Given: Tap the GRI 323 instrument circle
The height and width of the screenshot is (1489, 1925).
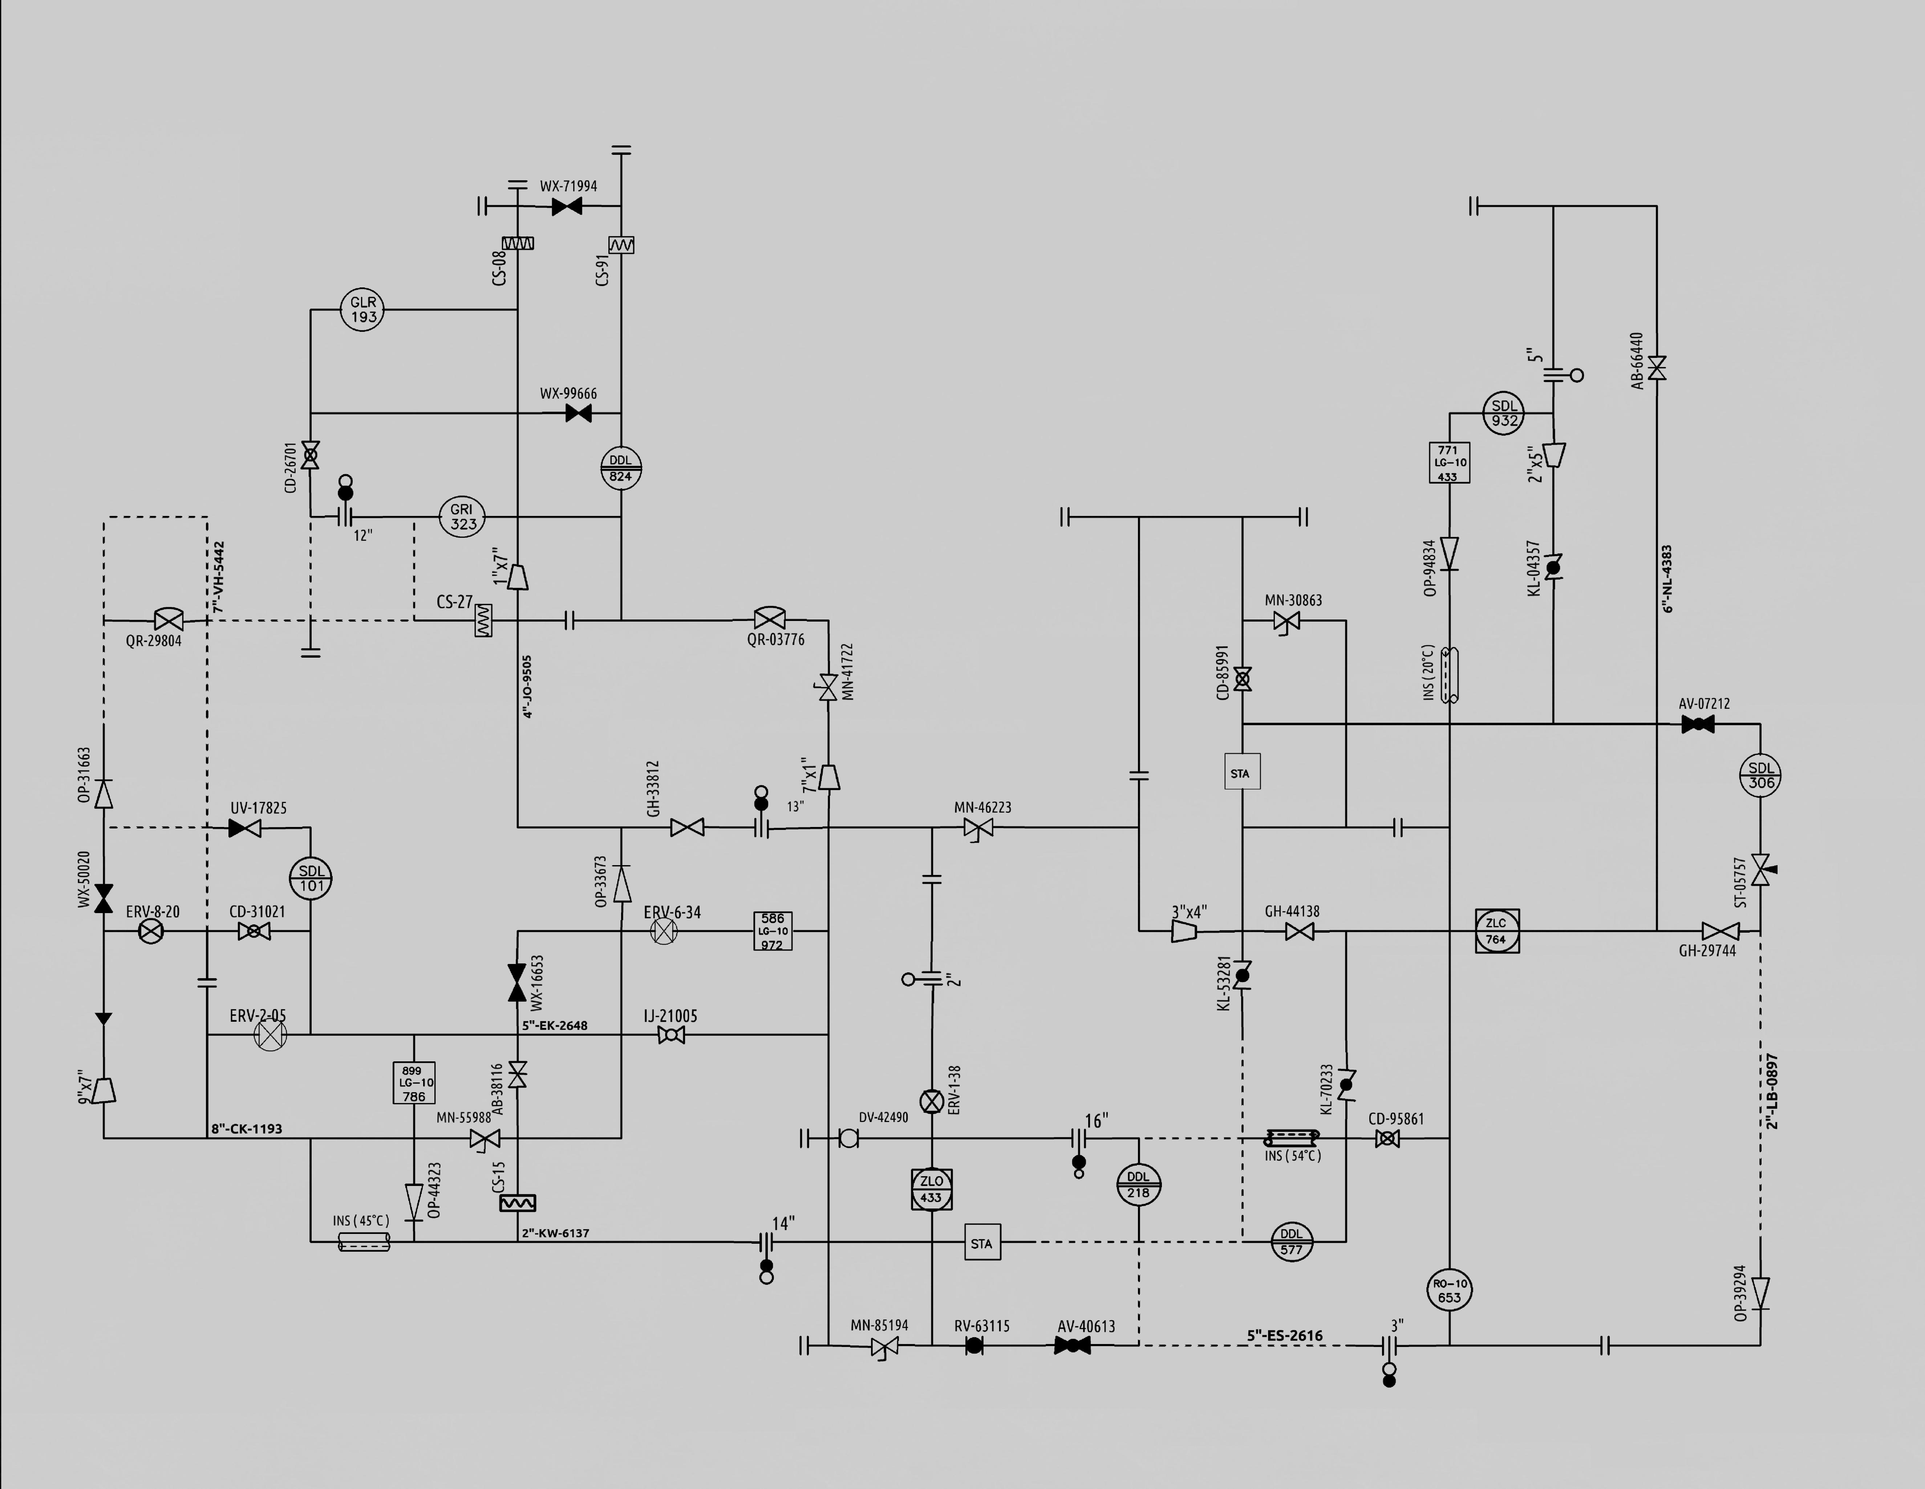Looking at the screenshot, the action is [x=462, y=517].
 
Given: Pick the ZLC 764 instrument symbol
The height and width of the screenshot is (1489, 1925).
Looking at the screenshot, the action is [x=1497, y=931].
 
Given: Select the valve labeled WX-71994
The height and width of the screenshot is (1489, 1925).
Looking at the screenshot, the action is [x=567, y=206].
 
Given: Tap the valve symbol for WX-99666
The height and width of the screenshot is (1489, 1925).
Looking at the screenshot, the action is [x=578, y=413].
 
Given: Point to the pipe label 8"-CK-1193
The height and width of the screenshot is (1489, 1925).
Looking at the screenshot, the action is [x=247, y=1129].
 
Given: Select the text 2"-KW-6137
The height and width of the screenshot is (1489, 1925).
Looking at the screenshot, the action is [x=555, y=1232].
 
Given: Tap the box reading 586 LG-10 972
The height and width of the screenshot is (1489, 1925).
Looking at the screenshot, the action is [x=773, y=931].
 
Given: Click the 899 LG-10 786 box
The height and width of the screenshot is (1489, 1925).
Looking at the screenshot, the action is [x=413, y=1084].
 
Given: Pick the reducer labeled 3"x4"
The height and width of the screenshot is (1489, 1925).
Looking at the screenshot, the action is [x=1184, y=931].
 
